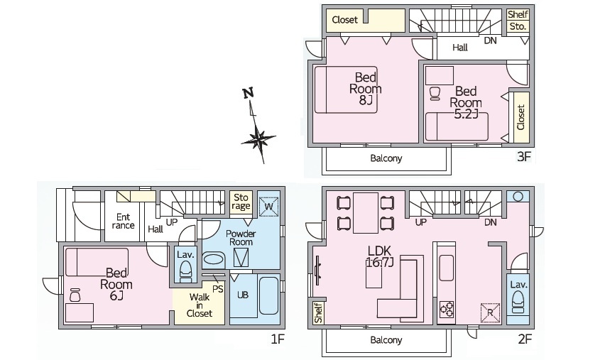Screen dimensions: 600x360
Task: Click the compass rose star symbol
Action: (x=258, y=140)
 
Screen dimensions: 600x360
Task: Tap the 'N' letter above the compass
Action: (x=249, y=93)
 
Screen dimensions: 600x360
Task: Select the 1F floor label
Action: (x=278, y=339)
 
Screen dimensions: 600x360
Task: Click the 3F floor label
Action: (x=524, y=156)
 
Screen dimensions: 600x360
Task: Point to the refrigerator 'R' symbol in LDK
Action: (x=491, y=312)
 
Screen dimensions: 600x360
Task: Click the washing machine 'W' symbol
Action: (x=268, y=207)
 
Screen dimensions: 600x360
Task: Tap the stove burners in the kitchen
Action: (x=446, y=309)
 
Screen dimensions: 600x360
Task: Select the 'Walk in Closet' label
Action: (x=200, y=305)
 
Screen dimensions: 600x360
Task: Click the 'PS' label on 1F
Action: (x=218, y=288)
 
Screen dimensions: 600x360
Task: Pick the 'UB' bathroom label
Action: (x=243, y=295)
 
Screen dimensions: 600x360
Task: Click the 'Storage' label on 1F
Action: (x=241, y=202)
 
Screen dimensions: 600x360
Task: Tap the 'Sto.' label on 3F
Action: (x=518, y=27)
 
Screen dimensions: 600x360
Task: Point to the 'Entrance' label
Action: (x=124, y=222)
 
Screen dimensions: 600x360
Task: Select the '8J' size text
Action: (x=366, y=100)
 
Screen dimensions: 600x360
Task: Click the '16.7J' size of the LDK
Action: (x=380, y=263)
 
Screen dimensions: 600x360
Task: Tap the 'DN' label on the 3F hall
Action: (x=490, y=40)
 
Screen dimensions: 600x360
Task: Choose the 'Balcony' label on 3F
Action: (x=386, y=158)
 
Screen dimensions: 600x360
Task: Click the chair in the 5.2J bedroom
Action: (x=435, y=94)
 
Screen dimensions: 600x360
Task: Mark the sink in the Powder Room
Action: (x=214, y=259)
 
